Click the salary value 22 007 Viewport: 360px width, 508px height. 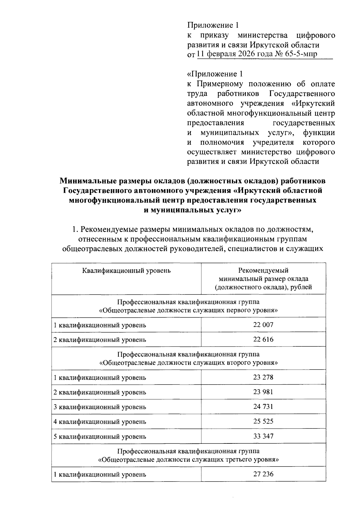click(x=263, y=325)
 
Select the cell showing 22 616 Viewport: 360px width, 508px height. click(x=263, y=339)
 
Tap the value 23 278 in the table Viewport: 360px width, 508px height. click(x=263, y=377)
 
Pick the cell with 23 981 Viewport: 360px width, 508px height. click(x=263, y=392)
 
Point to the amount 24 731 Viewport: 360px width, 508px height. click(x=263, y=407)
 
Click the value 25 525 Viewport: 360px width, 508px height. click(x=263, y=421)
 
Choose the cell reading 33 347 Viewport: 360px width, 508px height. click(x=263, y=436)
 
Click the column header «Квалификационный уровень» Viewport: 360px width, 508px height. click(x=126, y=271)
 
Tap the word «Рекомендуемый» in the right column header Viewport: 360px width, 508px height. click(x=263, y=271)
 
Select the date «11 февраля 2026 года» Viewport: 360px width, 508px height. click(x=234, y=54)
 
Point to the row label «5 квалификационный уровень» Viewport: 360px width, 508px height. click(x=100, y=437)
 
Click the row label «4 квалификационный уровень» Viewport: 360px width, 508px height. click(x=100, y=422)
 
